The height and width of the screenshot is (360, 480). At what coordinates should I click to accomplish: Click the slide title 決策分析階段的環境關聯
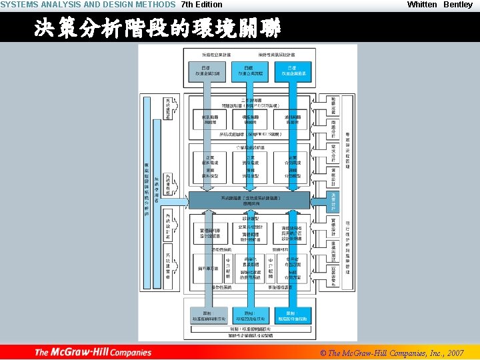(x=158, y=29)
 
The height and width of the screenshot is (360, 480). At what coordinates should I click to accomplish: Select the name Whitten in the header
(x=422, y=5)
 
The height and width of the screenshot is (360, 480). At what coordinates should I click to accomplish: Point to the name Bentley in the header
(x=458, y=5)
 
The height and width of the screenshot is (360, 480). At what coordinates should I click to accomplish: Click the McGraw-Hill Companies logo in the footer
(x=93, y=352)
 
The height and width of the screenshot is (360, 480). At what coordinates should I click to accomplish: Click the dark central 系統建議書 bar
(x=249, y=199)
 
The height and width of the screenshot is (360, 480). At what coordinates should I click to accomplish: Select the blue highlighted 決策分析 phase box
(x=334, y=199)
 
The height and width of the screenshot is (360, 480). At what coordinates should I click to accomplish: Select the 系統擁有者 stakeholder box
(x=168, y=109)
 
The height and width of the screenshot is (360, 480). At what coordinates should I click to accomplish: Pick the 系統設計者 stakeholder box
(x=168, y=223)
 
